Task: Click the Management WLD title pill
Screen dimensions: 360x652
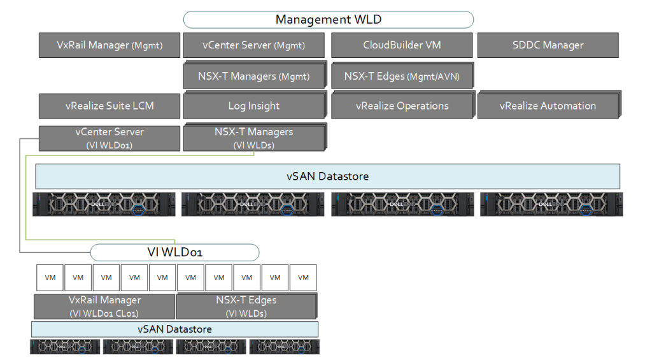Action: pos(328,20)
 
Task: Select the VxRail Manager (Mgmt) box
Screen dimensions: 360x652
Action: pos(109,45)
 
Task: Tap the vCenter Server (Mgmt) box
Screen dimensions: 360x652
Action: pos(253,45)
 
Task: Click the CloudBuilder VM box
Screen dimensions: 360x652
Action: pos(402,45)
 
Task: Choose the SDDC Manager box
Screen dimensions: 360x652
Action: pos(548,45)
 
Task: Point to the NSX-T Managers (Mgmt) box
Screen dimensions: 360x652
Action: pos(254,76)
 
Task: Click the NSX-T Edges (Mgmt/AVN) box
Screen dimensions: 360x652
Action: pos(402,76)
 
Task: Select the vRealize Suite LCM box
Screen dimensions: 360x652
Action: pos(109,106)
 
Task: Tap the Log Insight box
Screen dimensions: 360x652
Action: pos(254,106)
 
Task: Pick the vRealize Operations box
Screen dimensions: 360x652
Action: pos(402,106)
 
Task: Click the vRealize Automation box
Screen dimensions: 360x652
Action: pos(548,106)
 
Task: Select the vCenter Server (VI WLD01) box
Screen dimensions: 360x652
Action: pos(109,138)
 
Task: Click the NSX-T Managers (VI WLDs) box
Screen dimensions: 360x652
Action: pos(254,138)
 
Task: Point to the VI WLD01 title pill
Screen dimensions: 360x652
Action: pos(174,252)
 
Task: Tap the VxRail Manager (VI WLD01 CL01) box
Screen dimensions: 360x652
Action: pos(104,306)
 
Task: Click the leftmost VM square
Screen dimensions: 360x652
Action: pos(49,278)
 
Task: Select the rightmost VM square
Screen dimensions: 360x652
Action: pos(303,278)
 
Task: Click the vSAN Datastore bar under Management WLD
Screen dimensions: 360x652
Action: pos(328,176)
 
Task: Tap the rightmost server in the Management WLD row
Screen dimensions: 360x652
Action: pos(551,204)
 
